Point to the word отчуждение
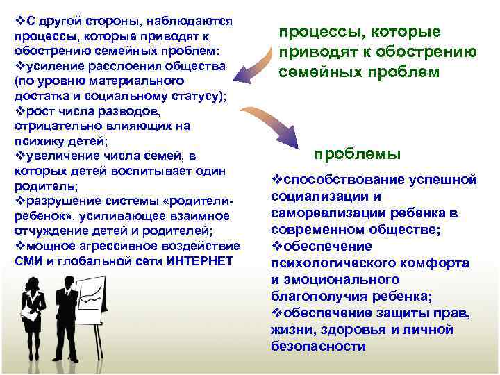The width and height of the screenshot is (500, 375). pos(48,231)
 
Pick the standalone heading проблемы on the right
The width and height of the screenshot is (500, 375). pos(357,153)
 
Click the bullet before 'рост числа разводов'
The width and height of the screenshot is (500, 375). pos(19,112)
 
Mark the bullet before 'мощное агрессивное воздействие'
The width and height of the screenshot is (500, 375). pos(19,245)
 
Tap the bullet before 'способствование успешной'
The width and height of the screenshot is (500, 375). pos(276,180)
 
